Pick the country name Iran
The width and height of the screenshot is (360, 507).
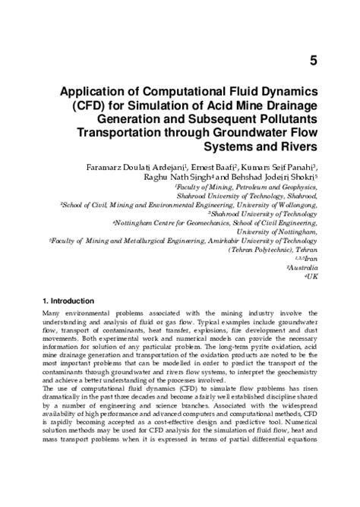coord(311,259)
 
